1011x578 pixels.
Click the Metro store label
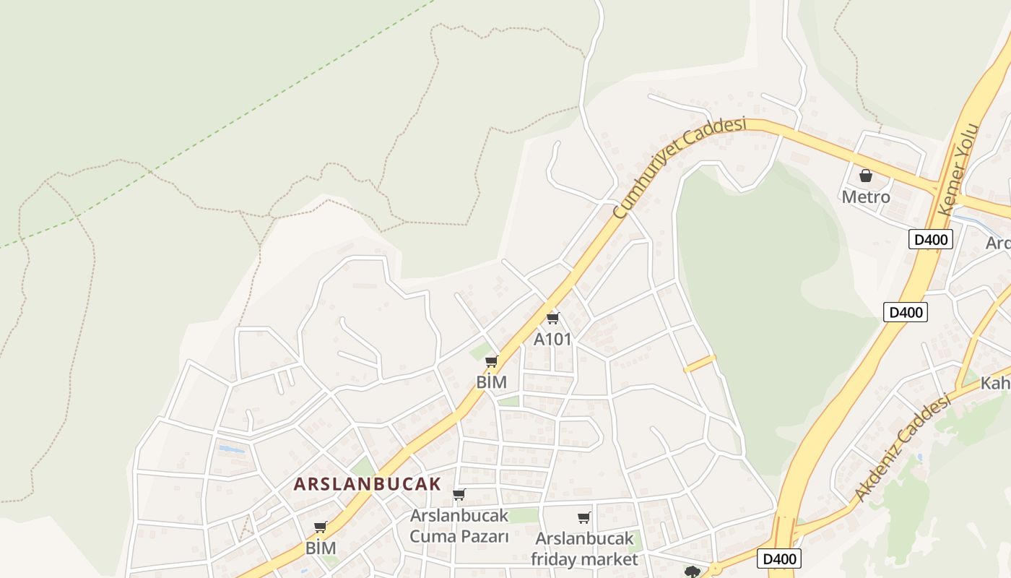point(865,197)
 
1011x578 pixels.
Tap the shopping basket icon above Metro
point(865,176)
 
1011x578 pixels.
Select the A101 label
point(552,339)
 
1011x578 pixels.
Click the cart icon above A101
point(553,318)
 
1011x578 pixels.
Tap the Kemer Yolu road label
point(961,171)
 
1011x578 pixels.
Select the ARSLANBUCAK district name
point(367,484)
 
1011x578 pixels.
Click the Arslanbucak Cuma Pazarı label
point(459,526)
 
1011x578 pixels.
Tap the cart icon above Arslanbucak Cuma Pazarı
point(459,495)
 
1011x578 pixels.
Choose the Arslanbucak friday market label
point(584,548)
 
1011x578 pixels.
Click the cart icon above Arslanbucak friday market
point(583,517)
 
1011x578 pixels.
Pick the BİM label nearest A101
point(491,382)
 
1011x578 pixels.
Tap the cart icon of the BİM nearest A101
point(491,361)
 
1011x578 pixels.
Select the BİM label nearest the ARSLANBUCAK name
point(320,548)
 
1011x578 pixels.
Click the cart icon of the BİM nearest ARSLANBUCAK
point(320,527)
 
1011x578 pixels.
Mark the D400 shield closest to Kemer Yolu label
point(931,239)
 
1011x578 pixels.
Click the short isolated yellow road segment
point(699,363)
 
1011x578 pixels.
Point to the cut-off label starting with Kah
point(995,383)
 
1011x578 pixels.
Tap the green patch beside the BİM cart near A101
point(477,353)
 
